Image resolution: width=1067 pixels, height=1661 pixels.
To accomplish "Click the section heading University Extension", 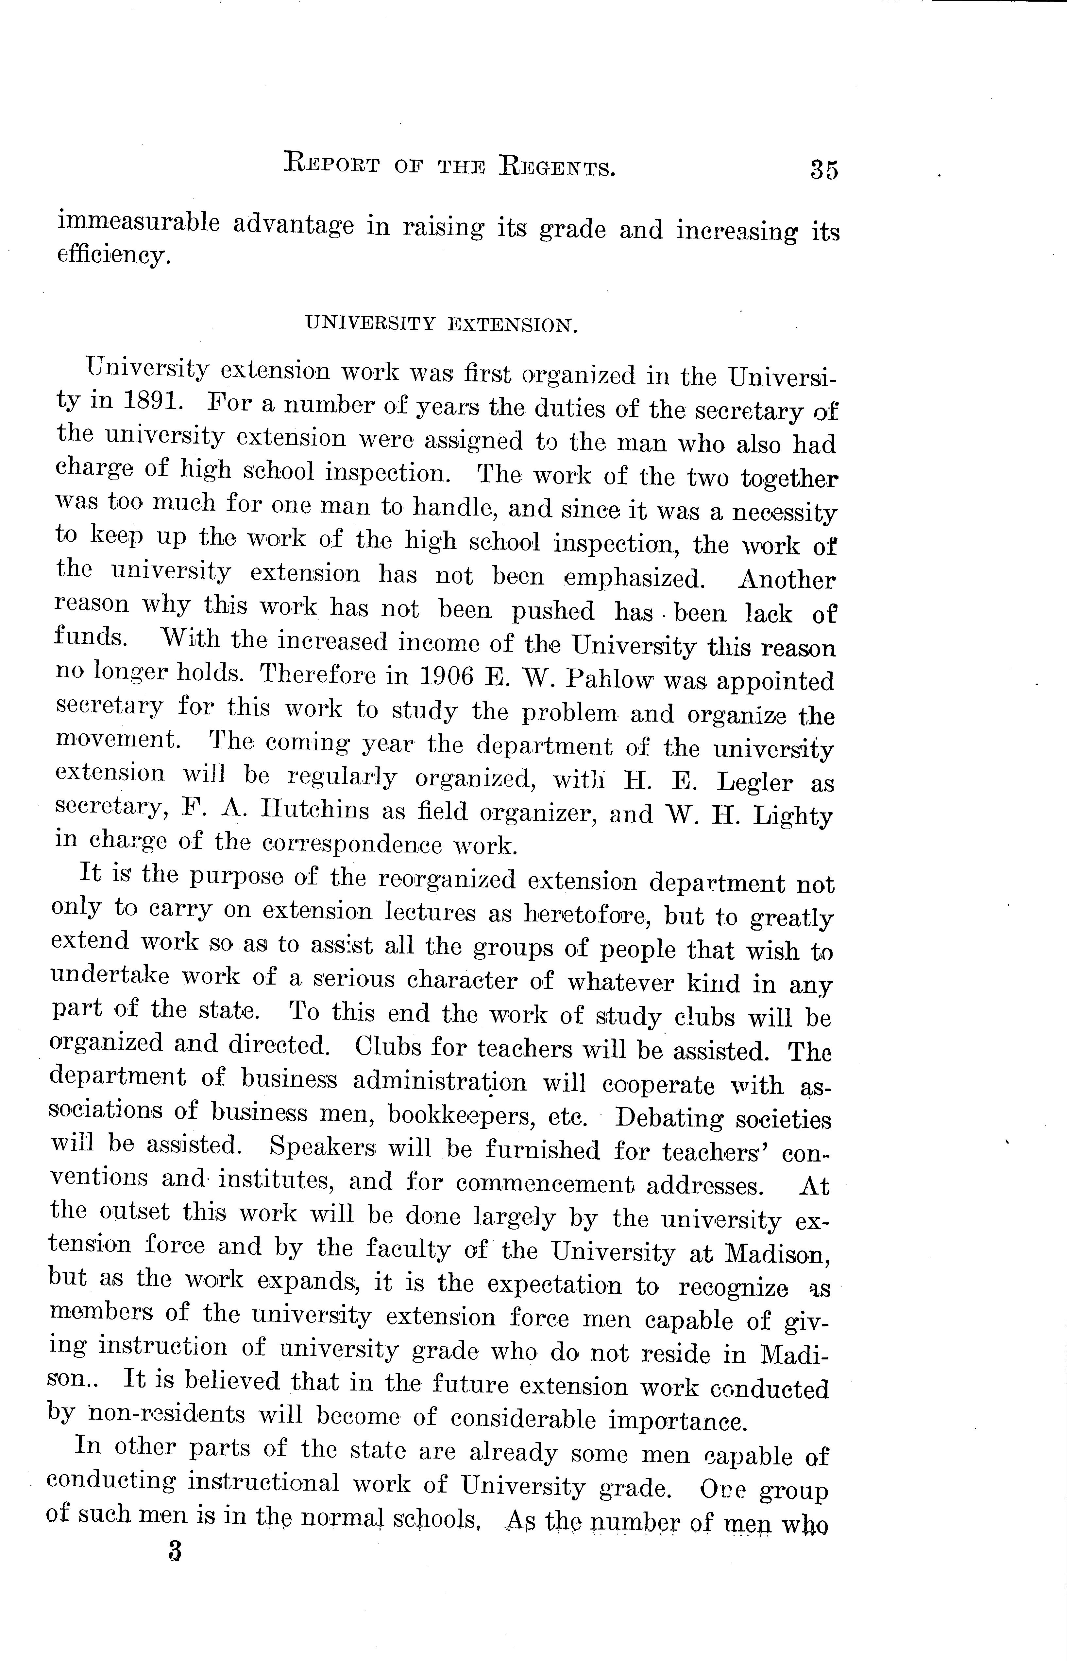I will (x=441, y=324).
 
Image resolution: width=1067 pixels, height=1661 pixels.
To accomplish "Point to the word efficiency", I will (x=112, y=256).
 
